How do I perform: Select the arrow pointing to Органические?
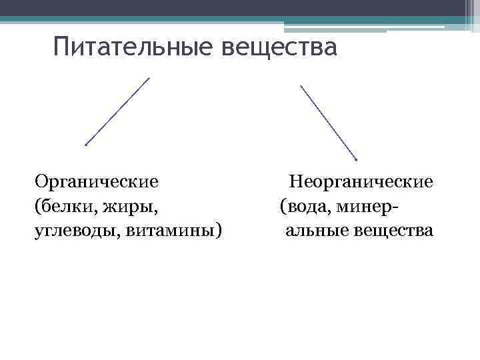(117, 111)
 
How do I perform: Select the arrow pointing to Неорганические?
(328, 123)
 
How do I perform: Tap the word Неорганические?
(361, 181)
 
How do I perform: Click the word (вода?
(305, 206)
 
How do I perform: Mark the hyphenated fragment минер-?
(367, 206)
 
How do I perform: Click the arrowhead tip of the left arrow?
(85, 143)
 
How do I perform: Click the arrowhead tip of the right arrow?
(357, 160)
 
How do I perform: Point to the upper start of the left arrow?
(149, 78)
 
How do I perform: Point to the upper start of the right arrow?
(301, 85)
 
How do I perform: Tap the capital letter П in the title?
(62, 48)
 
